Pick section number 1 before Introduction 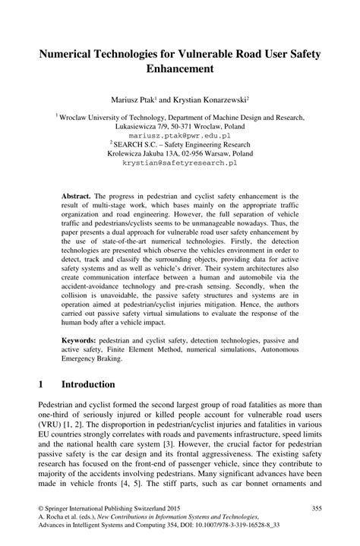click(x=39, y=383)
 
